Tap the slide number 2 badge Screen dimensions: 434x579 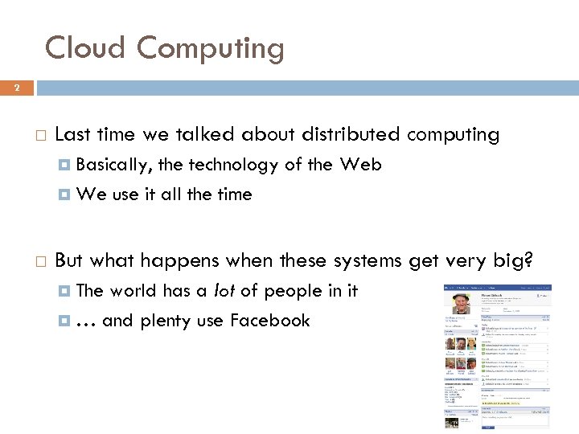(16, 87)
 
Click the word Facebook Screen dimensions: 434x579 (269, 321)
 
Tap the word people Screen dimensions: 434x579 (292, 291)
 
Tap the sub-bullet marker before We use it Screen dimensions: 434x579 (65, 194)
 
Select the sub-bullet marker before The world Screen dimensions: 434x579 (65, 291)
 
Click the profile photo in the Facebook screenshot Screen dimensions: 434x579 (461, 303)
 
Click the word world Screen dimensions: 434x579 (133, 291)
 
